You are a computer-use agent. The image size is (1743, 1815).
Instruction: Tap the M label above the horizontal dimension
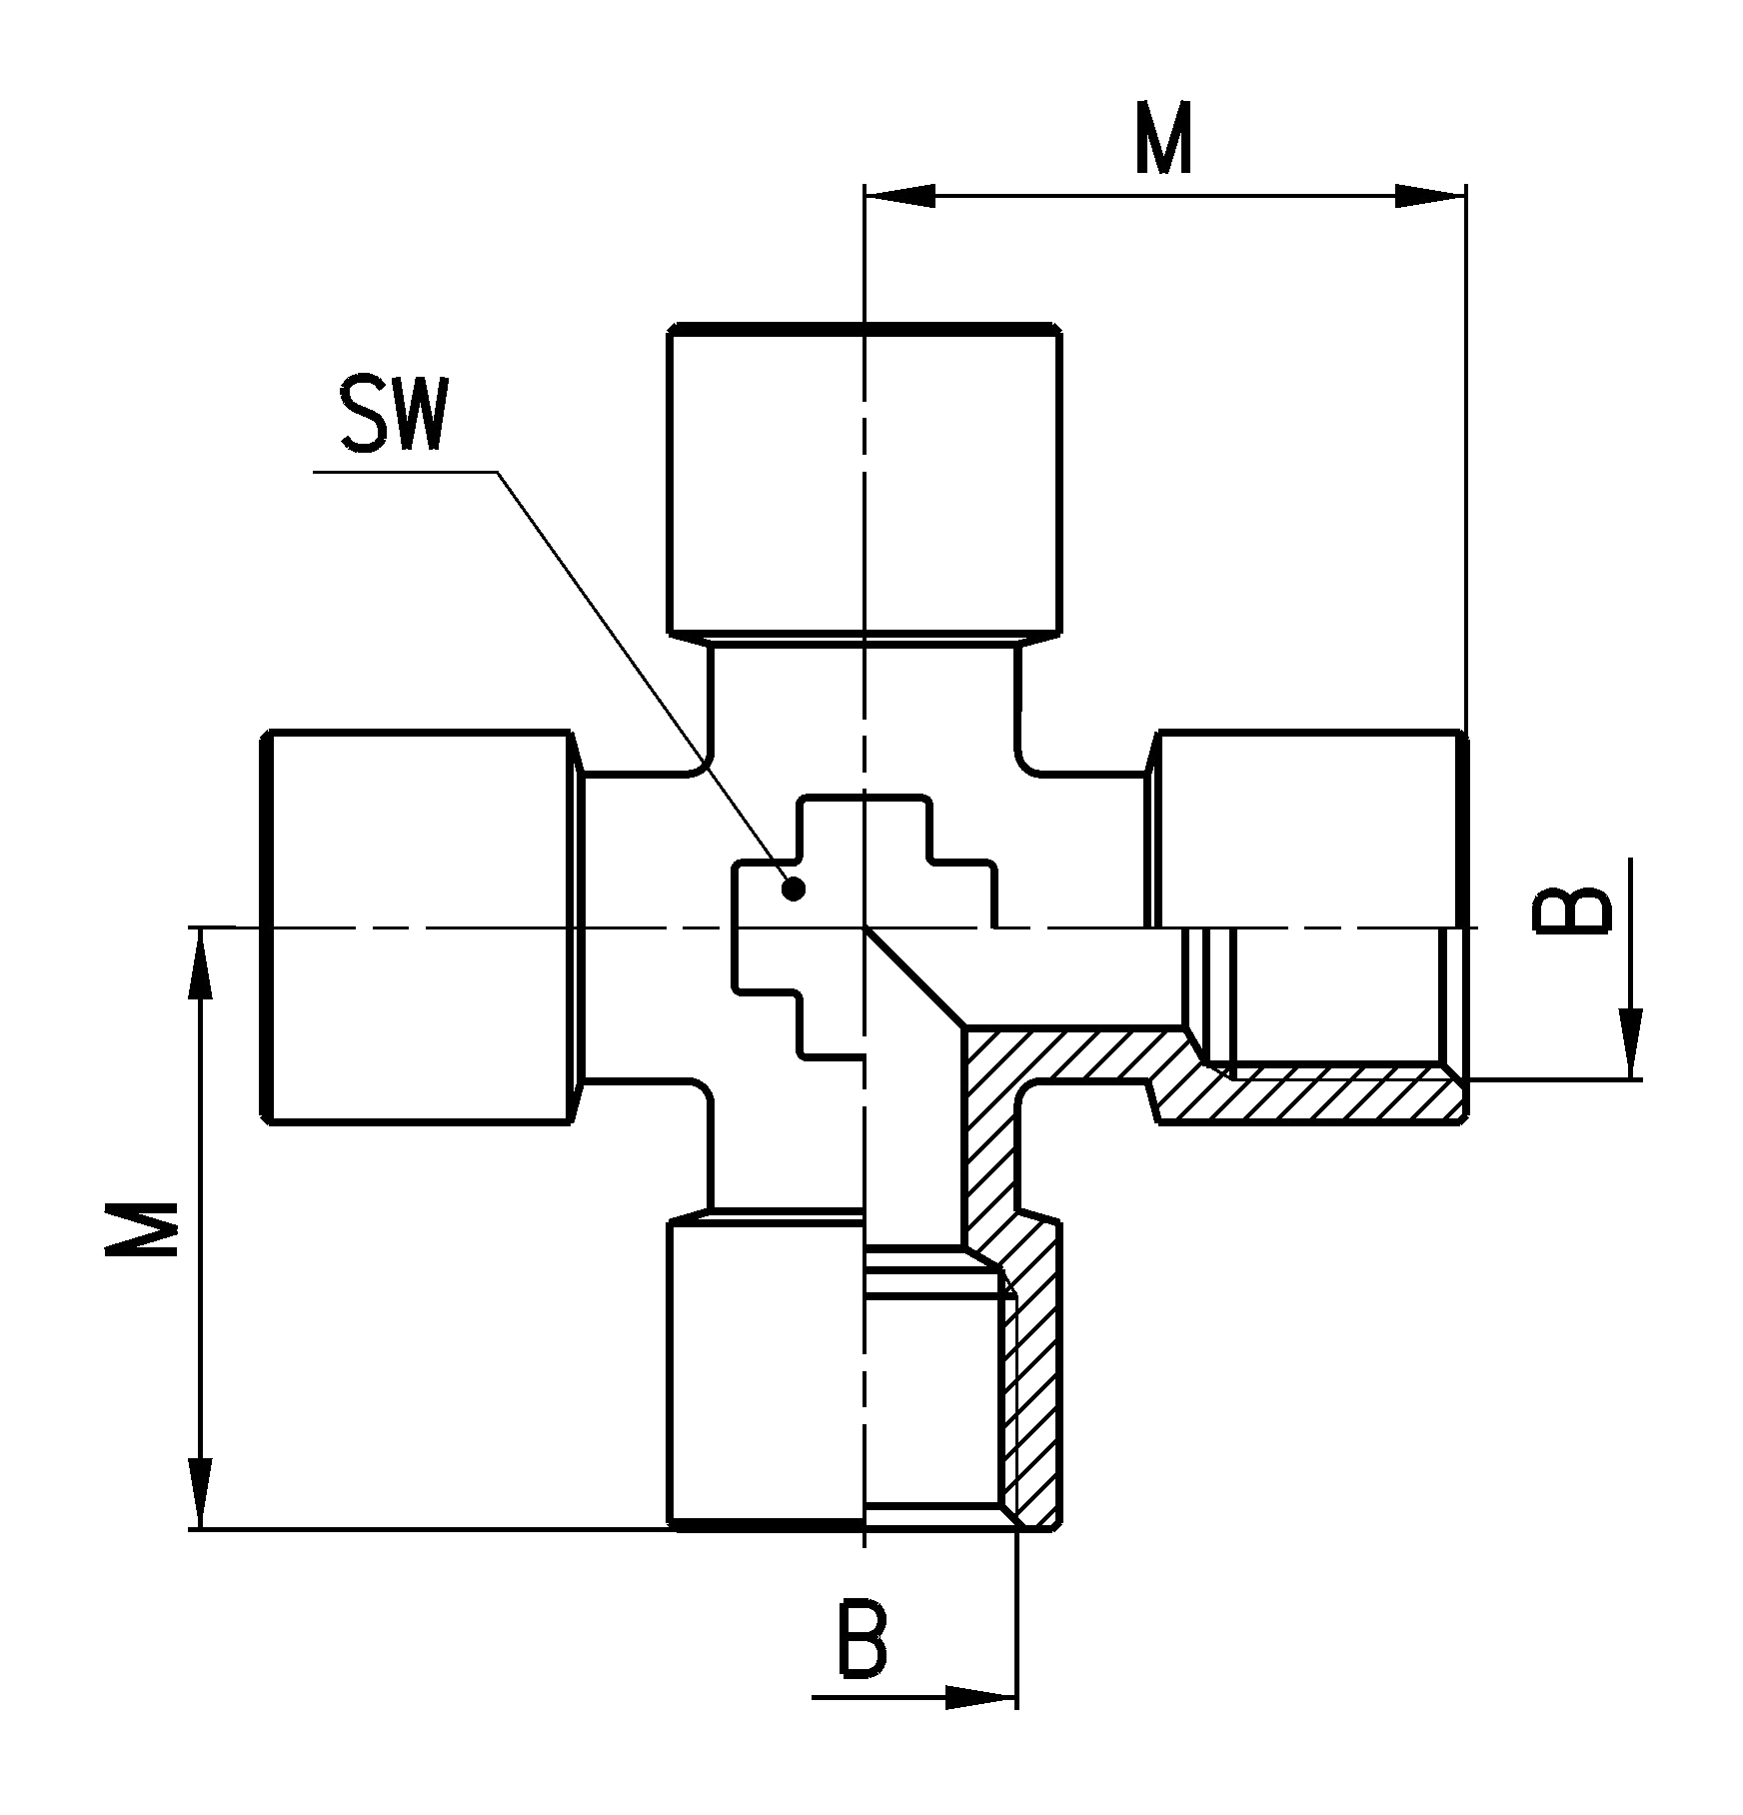pos(1164,137)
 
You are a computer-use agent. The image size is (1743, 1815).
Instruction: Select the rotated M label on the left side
pos(144,1226)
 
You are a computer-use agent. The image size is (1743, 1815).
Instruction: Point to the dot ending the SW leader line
pos(795,889)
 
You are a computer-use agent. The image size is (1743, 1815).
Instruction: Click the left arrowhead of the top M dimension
pos(899,196)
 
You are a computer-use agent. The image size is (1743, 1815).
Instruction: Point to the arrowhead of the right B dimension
pos(1631,1044)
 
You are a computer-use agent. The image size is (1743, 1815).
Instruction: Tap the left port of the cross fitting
pos(420,928)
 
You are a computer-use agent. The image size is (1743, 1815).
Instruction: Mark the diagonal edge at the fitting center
pos(914,977)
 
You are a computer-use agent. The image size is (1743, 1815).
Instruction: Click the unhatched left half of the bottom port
pos(766,1384)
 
